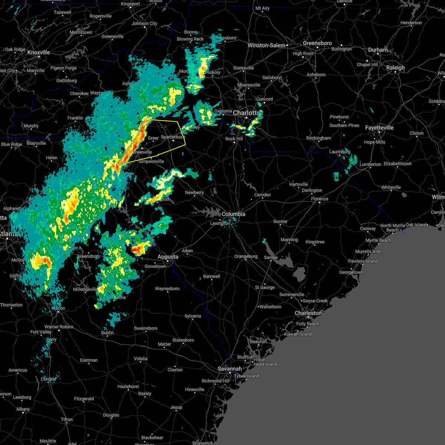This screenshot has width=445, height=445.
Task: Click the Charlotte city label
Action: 246,113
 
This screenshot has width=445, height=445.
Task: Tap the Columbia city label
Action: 233,214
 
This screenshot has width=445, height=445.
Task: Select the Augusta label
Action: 168,257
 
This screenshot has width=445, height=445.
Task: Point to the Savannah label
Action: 230,369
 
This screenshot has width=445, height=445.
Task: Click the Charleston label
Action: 308,313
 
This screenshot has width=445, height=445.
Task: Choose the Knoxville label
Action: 39,52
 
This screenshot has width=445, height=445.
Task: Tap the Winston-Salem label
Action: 267,45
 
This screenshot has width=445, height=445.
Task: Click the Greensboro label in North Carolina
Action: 317,43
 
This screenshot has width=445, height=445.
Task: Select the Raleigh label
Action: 396,67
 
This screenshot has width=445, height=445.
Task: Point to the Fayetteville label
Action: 379,128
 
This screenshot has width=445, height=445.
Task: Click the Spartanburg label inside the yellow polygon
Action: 172,137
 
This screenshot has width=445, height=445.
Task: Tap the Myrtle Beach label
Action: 378,240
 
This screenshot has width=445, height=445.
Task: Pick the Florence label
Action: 320,199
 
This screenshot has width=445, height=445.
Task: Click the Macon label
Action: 58,308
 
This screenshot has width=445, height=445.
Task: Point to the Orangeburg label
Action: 246,256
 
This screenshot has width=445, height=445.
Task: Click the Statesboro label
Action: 183,340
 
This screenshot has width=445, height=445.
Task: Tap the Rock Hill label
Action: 234,139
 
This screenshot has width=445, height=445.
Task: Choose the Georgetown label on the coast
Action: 351,272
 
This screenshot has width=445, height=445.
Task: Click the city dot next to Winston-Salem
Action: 287,45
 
